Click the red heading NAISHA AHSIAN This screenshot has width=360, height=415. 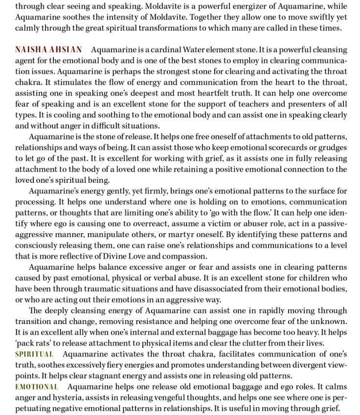(x=48, y=50)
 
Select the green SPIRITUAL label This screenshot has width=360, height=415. (x=34, y=354)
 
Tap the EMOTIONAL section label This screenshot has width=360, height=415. (x=37, y=387)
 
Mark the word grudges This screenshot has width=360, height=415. (x=333, y=148)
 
